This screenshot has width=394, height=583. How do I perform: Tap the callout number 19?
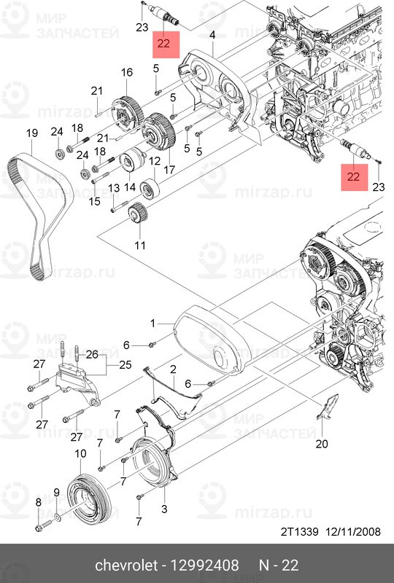pos(31,133)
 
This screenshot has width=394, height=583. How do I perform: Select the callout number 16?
pos(127,72)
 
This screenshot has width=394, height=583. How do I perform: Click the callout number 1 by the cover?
pos(153,321)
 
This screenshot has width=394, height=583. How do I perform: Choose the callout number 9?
pos(56,493)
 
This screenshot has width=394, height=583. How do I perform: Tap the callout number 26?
pos(92,353)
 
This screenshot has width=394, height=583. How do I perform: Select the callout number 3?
pos(164,508)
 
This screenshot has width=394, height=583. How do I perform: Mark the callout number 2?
pos(174,371)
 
